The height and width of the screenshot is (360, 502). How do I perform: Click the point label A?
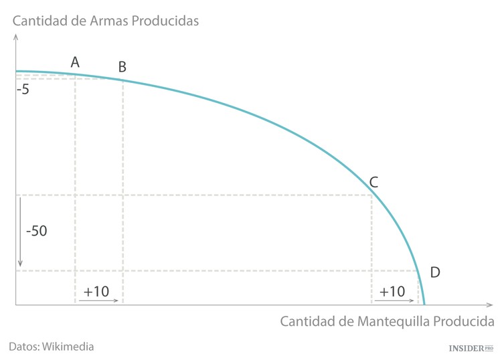click(x=75, y=62)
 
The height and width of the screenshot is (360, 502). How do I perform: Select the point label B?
click(x=122, y=66)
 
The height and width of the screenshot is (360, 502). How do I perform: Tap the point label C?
click(x=374, y=181)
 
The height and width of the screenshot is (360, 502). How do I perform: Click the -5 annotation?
click(x=23, y=89)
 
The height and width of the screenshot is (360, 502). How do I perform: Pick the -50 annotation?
click(x=35, y=232)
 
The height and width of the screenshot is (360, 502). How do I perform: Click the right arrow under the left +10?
click(x=98, y=301)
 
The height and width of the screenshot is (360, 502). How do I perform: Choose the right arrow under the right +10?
click(x=393, y=301)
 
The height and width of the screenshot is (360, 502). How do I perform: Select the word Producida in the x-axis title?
click(x=462, y=321)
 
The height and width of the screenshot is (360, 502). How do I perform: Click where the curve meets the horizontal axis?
click(x=424, y=305)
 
